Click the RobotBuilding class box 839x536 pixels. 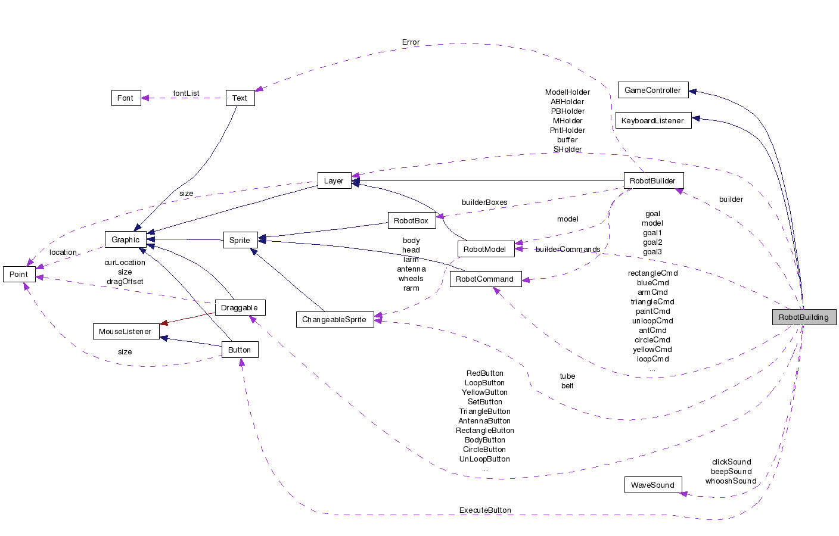(803, 317)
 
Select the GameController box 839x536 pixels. (652, 90)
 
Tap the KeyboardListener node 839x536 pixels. (652, 120)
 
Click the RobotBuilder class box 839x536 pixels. (652, 180)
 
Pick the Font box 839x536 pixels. (126, 98)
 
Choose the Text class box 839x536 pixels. (240, 98)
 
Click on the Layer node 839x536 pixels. (334, 180)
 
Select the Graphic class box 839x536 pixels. (125, 239)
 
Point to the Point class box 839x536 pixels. (18, 274)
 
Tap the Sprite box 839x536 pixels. (240, 240)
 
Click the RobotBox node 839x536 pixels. (411, 220)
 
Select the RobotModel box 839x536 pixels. (485, 249)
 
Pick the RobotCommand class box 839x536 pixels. (485, 279)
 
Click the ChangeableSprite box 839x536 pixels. (334, 319)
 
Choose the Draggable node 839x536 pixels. (240, 307)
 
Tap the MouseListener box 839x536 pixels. (125, 331)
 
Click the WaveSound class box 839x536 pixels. (652, 485)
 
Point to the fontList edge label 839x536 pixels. (186, 94)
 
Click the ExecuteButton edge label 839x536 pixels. (485, 510)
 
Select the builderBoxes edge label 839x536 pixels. (484, 202)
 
